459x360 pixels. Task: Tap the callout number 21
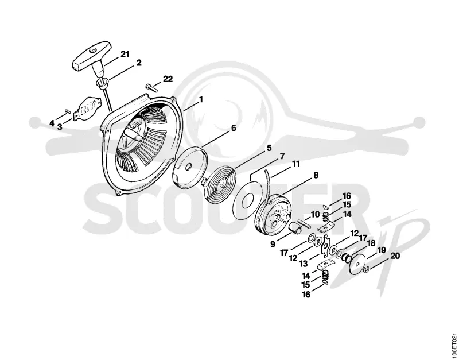pos(125,55)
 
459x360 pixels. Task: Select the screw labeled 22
pos(151,88)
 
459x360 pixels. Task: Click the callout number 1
pos(201,100)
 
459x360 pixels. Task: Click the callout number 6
pos(234,128)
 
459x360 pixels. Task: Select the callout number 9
pos(273,244)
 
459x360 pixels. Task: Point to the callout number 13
pos(304,264)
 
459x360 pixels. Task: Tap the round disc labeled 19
pos(357,264)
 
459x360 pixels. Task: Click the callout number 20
pos(395,256)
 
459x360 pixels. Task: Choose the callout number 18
pos(371,243)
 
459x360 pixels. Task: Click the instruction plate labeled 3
pos(88,109)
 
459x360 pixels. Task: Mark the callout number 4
pos(52,123)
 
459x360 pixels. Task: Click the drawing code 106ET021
pos(454,344)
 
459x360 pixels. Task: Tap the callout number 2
pos(139,63)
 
